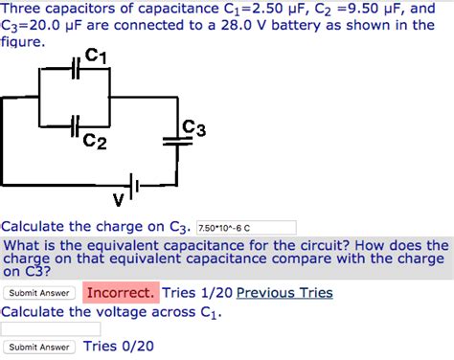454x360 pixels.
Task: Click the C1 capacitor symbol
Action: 77,69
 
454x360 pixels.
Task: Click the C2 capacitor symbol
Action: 77,123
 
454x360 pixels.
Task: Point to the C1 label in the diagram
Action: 96,56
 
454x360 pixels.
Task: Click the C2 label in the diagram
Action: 95,142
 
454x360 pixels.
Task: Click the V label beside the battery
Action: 118,200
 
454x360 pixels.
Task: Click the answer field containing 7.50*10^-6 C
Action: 245,228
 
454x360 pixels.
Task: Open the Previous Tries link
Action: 284,293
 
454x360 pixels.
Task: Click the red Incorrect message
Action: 120,293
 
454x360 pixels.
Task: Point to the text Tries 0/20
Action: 119,347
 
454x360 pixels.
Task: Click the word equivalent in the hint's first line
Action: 122,245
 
